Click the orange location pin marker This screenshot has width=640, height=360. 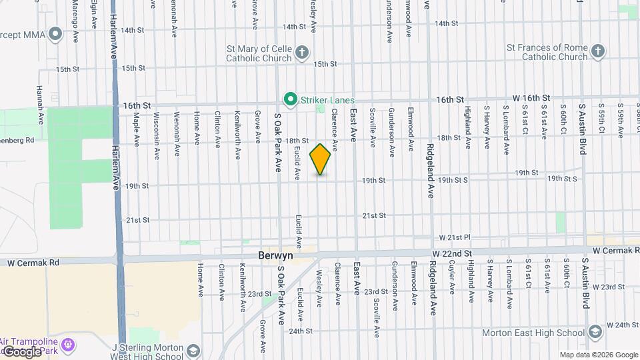coord(321,159)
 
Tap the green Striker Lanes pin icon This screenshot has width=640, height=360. coord(291,100)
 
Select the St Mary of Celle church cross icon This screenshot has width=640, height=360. coord(301,53)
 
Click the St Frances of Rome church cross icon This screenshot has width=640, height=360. coord(598,51)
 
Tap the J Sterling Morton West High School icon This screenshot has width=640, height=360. coord(193,351)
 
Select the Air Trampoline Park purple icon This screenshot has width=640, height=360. coord(67,345)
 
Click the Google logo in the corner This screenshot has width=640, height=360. coord(21,351)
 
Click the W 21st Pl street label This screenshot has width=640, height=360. coord(455,237)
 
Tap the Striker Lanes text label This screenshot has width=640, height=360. coord(327,100)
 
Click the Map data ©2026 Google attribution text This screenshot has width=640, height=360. coord(597,354)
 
